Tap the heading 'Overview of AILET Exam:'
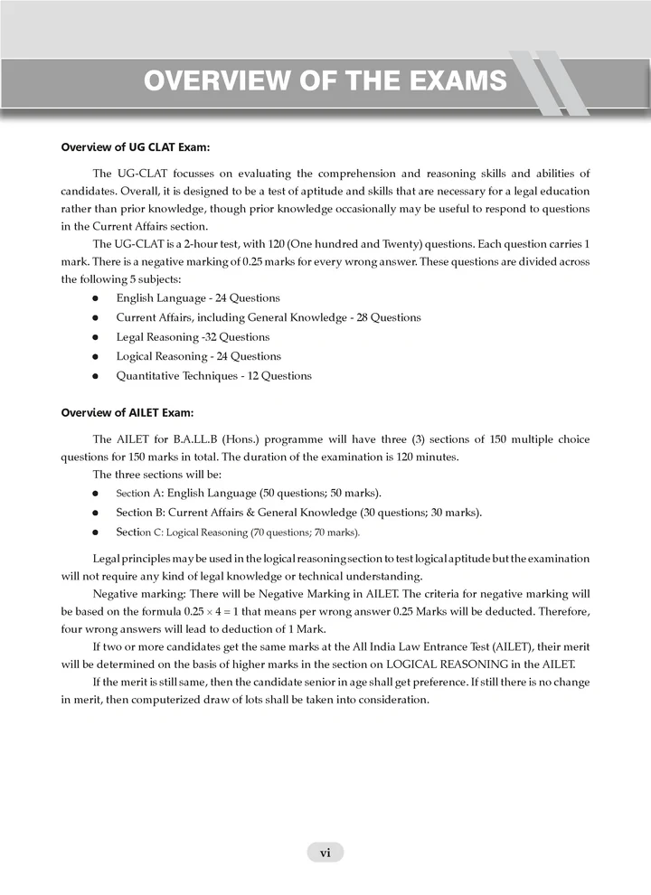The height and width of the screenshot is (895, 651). point(127,413)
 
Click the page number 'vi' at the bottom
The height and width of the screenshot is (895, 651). point(325,852)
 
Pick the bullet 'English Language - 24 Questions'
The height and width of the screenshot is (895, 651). point(198,297)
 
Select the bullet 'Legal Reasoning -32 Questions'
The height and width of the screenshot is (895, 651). point(187,336)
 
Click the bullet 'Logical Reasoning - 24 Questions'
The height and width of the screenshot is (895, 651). point(198,356)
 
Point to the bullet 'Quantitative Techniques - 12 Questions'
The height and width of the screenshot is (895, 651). point(213,376)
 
